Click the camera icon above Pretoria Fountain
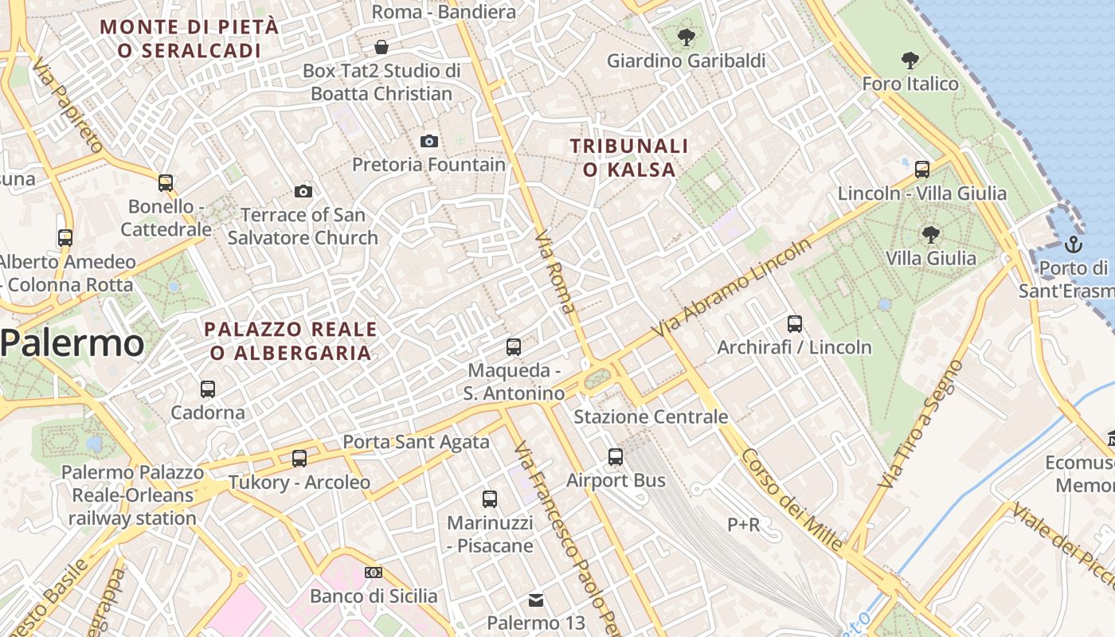(429, 141)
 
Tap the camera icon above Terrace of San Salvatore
(303, 191)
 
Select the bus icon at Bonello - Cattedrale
(166, 183)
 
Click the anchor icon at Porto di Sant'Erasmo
(1074, 244)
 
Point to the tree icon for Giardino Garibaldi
(686, 37)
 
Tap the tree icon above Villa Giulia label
(930, 234)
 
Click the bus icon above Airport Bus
(616, 457)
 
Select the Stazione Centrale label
(651, 416)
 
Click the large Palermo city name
(72, 344)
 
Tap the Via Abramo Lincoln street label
(731, 287)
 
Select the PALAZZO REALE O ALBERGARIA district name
(291, 341)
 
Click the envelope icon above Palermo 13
(536, 600)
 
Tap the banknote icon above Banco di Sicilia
(374, 573)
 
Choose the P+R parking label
(744, 525)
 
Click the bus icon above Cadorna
(208, 389)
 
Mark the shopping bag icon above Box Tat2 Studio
(381, 46)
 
